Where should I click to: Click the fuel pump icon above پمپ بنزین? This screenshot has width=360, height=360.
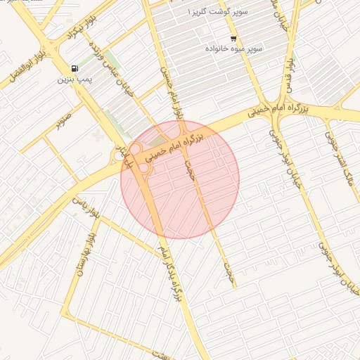75,68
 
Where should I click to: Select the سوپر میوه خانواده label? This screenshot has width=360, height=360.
233,49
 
